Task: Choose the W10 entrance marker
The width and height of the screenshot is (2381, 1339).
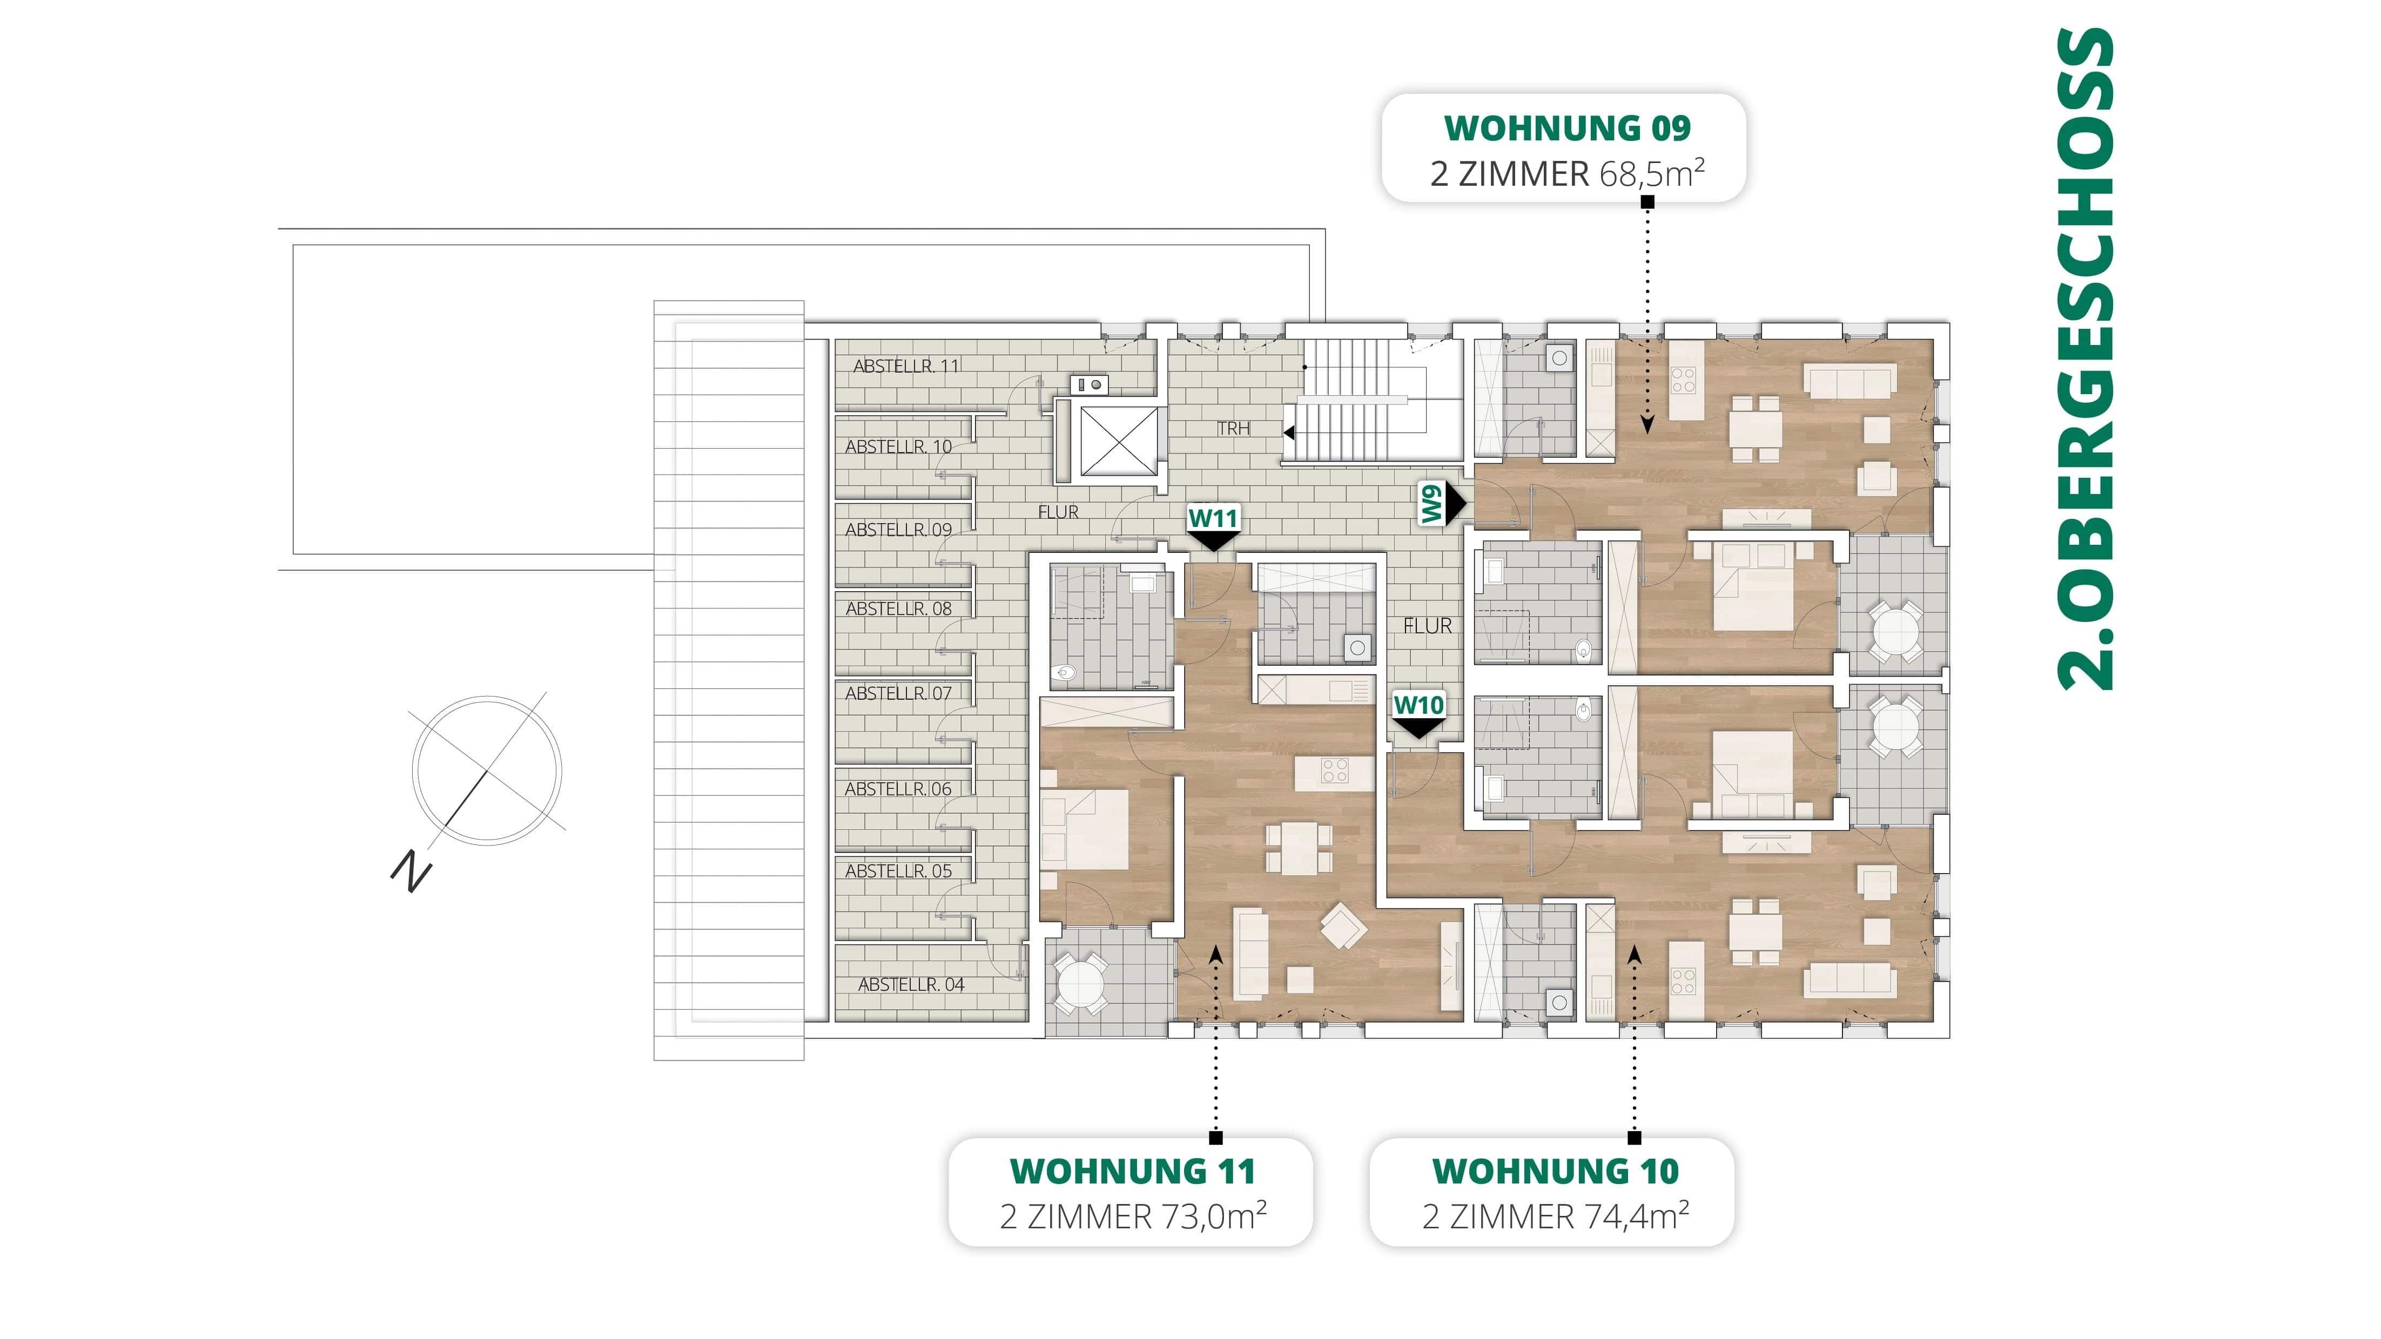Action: [1418, 706]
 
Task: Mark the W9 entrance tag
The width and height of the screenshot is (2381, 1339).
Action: [1432, 504]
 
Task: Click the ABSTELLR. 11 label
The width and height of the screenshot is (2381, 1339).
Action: [906, 366]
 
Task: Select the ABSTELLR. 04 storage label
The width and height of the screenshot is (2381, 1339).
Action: [911, 985]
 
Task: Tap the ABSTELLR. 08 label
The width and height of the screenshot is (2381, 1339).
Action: [898, 609]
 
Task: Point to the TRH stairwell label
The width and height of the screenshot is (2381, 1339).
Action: [1233, 429]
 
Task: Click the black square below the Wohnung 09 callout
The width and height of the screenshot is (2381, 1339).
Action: [1647, 201]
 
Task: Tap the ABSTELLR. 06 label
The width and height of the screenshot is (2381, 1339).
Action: [898, 789]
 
